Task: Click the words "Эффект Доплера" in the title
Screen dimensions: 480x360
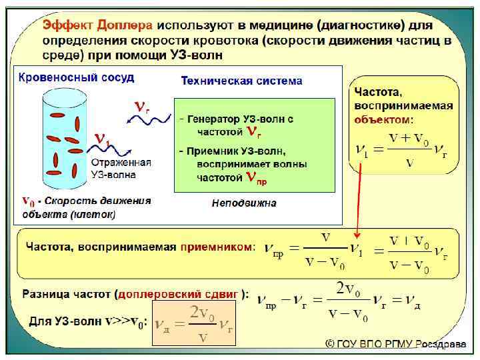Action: point(97,25)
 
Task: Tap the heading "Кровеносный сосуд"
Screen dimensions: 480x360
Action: point(76,78)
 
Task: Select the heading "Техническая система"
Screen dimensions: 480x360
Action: point(241,81)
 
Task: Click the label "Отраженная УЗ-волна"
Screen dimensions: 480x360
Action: point(121,169)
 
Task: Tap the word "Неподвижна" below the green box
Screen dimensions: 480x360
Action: point(244,202)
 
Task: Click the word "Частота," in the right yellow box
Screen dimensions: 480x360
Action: point(378,92)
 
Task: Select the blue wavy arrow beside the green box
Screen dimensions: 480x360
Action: point(144,121)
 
